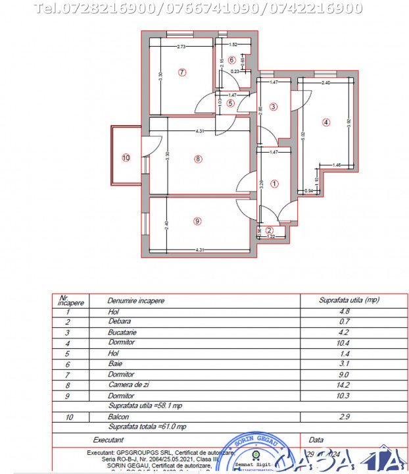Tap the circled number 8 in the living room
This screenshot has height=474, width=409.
coord(198,158)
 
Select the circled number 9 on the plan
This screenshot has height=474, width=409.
coord(197,221)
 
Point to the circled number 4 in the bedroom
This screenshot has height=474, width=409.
coord(325,122)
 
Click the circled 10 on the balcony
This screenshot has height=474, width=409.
coord(126,157)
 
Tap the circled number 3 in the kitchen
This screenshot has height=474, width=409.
coord(274,107)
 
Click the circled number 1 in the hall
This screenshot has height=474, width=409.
coord(274,184)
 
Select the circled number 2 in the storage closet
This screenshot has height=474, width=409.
coord(269,230)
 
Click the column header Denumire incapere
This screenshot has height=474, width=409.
coord(136,300)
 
